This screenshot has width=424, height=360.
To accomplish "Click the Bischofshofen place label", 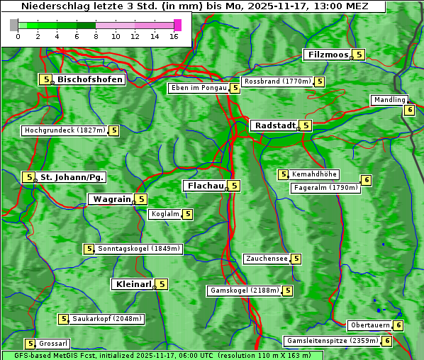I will click(x=90, y=79).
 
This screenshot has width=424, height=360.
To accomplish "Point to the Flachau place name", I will click(x=204, y=186).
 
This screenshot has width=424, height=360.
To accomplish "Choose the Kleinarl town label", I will click(x=133, y=284).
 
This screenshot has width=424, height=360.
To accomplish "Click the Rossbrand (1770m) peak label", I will click(x=277, y=81).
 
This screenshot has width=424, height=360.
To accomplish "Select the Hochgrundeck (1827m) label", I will click(x=64, y=130).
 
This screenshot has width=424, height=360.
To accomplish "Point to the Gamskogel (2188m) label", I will click(x=245, y=291).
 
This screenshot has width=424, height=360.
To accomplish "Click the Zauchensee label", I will click(x=267, y=259).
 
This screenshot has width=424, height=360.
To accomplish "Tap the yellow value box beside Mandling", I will click(x=409, y=110).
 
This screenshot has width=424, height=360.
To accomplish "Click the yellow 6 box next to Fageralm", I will click(x=366, y=180).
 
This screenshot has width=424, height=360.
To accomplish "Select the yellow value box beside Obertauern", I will click(x=398, y=325).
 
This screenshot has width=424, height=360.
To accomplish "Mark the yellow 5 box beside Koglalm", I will click(x=187, y=214).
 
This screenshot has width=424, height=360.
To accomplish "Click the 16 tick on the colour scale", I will click(x=174, y=36).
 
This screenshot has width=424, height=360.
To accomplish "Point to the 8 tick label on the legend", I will click(x=96, y=36).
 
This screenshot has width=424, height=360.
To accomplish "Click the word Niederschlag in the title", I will click(x=52, y=6).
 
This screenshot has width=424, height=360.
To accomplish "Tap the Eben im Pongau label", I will click(x=198, y=88).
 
